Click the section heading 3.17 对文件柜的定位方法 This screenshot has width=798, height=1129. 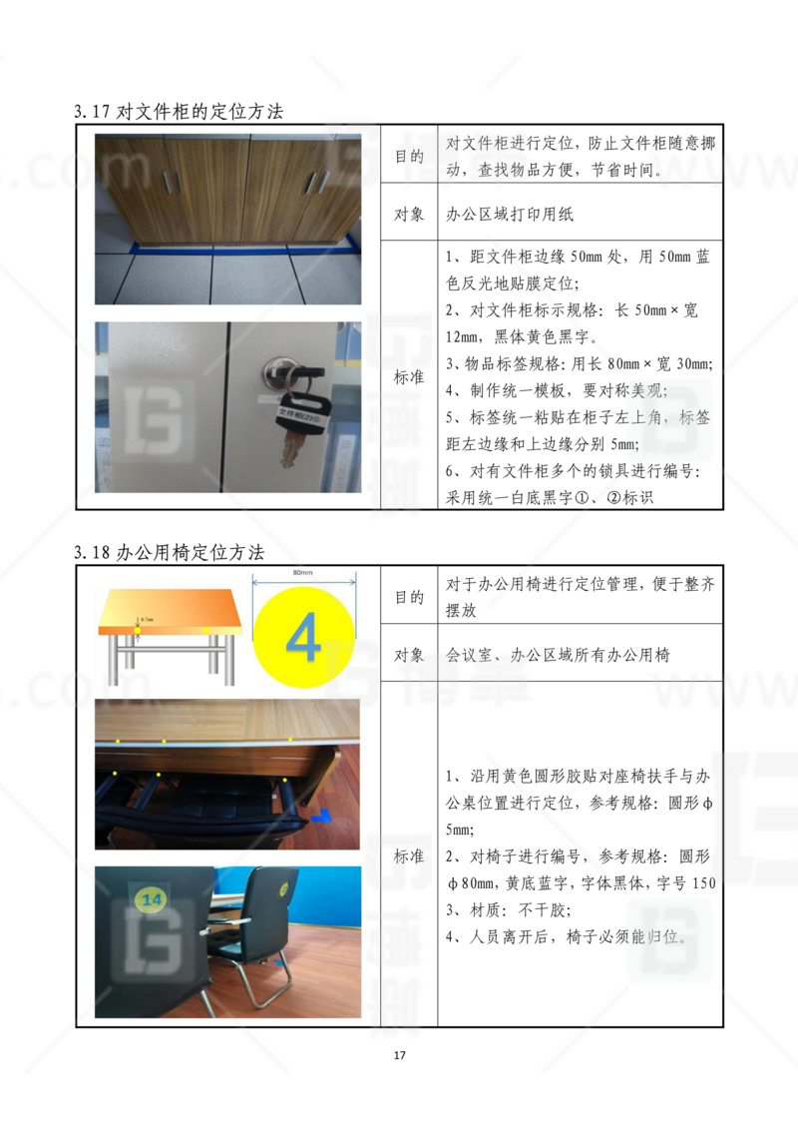pos(179,112)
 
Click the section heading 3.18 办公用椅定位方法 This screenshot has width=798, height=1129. pos(169,552)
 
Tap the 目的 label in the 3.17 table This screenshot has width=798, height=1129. pos(409,157)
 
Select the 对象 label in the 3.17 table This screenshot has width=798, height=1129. pos(409,214)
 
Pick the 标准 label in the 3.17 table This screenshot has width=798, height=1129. pos(409,378)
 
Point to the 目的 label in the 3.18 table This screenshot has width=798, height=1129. pos(409,598)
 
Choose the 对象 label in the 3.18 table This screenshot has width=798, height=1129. pos(409,655)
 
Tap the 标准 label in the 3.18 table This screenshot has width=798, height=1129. pos(409,856)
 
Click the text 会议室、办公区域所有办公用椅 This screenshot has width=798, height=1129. pos(558,655)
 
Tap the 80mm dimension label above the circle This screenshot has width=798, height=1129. pos(303,574)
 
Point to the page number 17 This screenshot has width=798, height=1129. pos(399,1056)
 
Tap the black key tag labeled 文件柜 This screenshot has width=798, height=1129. pos(296,411)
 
